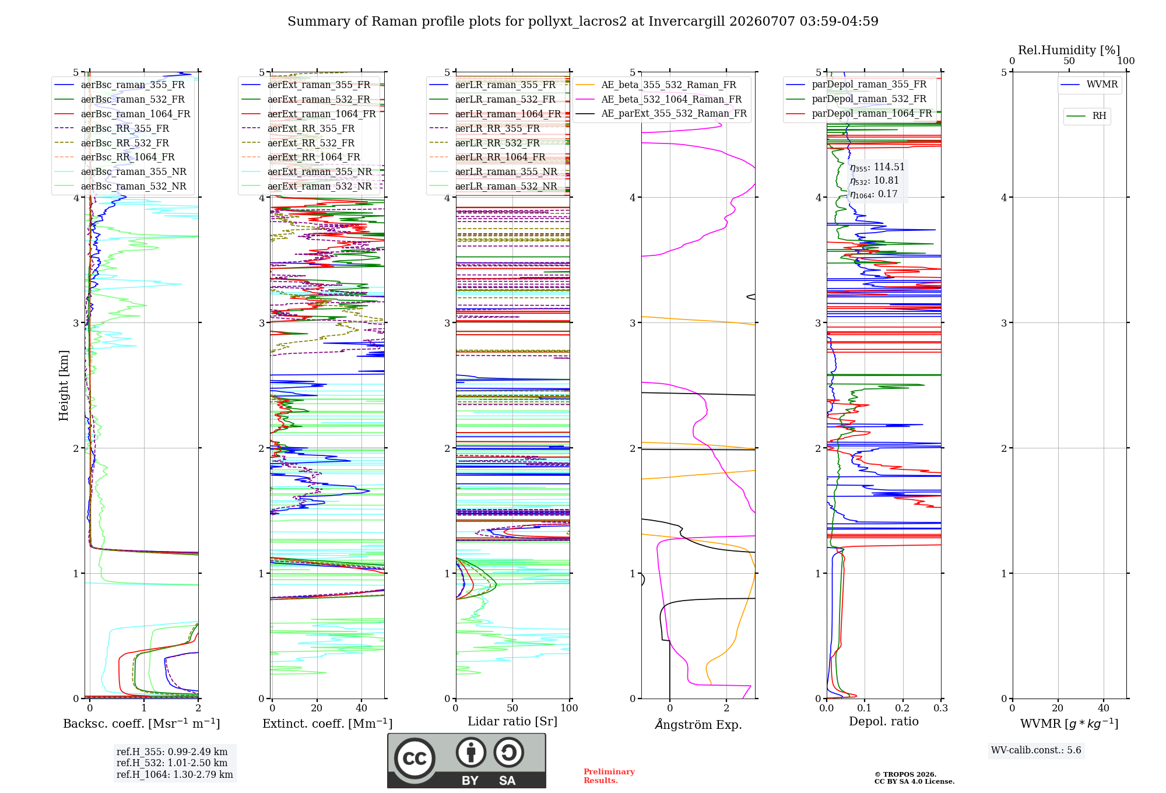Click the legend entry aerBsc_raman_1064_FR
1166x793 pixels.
(122, 114)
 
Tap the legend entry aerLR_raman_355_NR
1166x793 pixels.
(493, 171)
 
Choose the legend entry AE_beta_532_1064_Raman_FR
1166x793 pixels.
(659, 99)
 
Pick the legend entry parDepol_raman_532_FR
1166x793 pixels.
(856, 99)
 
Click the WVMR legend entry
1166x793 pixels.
(1089, 85)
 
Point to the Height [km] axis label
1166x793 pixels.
(64, 385)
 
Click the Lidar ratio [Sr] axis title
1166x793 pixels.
(512, 721)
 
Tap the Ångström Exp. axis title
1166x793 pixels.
(698, 724)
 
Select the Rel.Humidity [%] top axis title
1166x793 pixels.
(1069, 50)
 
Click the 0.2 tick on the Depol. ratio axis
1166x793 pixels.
(902, 708)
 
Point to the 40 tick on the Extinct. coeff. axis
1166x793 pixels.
(361, 708)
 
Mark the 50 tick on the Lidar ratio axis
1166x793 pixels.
(512, 708)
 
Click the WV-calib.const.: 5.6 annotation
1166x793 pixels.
(1036, 750)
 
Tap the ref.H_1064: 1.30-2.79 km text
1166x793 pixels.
(175, 774)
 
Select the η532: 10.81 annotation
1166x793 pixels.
(874, 181)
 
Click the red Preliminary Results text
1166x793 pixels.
(609, 776)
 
